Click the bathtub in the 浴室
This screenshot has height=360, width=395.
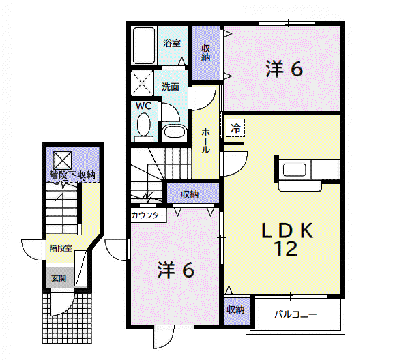click(144, 46)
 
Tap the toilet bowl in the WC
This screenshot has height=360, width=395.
click(144, 125)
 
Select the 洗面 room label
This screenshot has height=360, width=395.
click(171, 87)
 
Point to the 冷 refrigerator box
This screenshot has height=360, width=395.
click(235, 128)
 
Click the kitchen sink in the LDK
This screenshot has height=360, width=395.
click(295, 170)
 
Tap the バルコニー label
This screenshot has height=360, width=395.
click(295, 314)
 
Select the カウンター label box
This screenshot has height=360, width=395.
click(149, 215)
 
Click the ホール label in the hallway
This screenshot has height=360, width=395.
click(205, 140)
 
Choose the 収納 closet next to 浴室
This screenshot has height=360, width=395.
click(205, 52)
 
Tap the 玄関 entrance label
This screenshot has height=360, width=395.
click(59, 278)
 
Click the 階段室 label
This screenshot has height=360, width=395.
click(61, 248)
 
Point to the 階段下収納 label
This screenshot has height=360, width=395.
click(72, 175)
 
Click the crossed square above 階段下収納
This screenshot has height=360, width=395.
click(63, 160)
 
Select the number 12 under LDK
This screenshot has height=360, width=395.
click(286, 249)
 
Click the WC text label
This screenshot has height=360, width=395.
click(143, 106)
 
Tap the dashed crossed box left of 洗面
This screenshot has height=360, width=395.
click(142, 83)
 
